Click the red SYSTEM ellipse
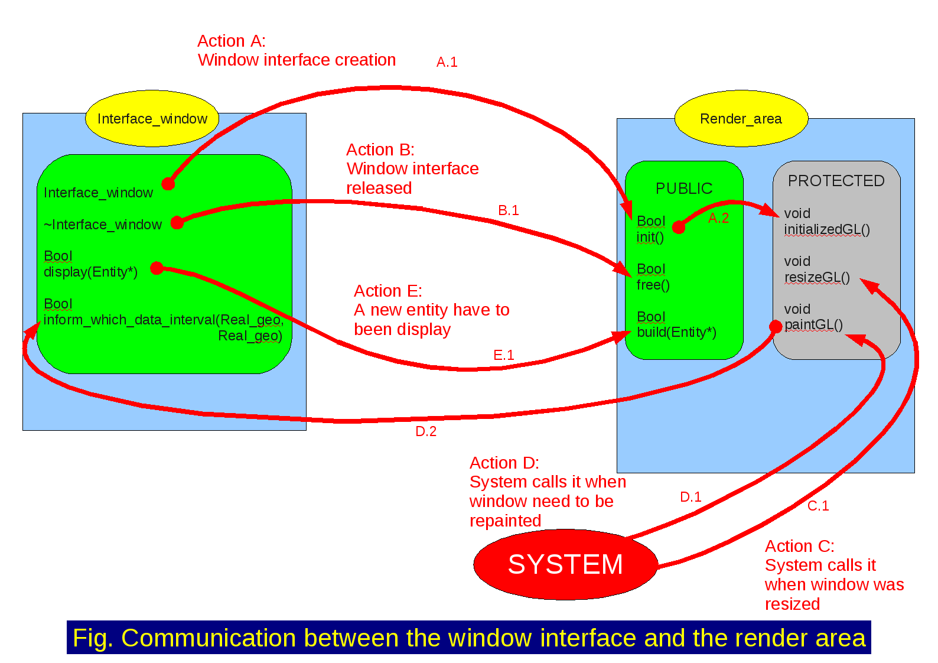[x=565, y=564]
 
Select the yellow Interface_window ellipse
[x=152, y=119]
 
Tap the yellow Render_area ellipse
[x=741, y=119]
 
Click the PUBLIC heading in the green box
[x=684, y=188]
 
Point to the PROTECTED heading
[x=836, y=181]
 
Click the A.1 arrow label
[x=447, y=62]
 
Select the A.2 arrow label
[x=718, y=218]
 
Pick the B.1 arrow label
[x=508, y=210]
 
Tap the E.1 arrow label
[x=503, y=355]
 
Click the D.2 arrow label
[x=426, y=431]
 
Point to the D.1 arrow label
[x=691, y=497]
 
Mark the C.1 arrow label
[x=818, y=506]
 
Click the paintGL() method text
[x=813, y=325]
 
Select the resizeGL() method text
[x=817, y=277]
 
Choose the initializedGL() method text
[x=827, y=229]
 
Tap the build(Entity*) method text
[x=676, y=332]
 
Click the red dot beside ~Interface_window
[x=177, y=223]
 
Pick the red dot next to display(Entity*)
[x=157, y=268]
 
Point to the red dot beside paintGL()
[x=776, y=327]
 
